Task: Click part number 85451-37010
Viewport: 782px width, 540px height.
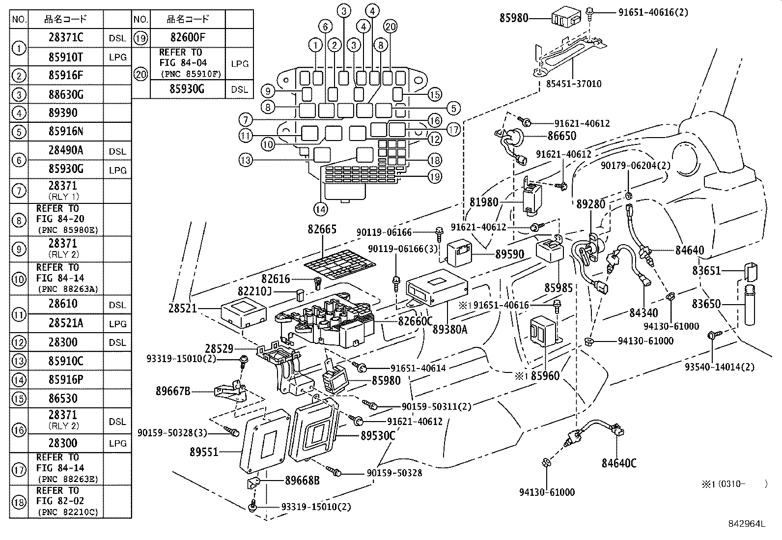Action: (573, 84)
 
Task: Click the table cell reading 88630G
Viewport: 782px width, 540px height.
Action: (66, 94)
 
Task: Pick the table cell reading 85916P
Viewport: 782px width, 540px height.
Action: (66, 379)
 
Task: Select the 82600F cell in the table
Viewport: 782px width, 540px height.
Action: (188, 38)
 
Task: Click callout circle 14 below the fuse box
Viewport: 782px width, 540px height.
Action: (320, 209)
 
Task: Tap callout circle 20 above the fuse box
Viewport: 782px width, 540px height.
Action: (391, 28)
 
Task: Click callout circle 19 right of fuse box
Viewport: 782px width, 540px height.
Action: (434, 176)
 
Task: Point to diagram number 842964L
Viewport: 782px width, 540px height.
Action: (746, 524)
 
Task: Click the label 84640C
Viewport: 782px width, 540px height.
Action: (618, 463)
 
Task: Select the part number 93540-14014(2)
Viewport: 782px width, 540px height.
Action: (720, 367)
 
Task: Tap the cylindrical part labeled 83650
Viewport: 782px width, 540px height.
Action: (750, 305)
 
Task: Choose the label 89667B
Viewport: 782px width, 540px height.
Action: (173, 392)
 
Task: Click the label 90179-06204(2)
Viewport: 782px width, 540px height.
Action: (635, 166)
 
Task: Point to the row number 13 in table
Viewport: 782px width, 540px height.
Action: (19, 361)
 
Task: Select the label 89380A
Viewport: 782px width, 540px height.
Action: (449, 330)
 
